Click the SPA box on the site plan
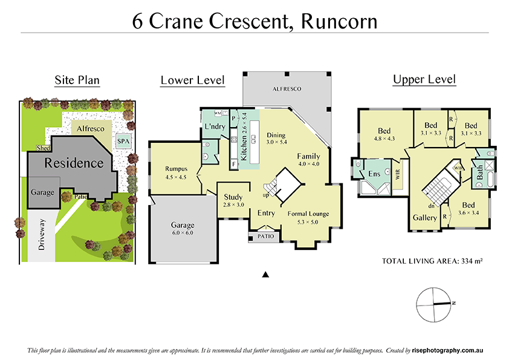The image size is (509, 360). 123,141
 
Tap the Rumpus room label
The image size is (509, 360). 178,169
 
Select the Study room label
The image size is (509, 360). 233,197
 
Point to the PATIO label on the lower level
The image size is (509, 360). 264,237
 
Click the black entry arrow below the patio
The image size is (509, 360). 265,275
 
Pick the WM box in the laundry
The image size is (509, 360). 217,113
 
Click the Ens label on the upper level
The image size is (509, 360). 374,174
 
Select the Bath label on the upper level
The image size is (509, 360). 480,173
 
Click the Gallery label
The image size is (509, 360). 425,217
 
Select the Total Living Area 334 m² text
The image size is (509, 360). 432,261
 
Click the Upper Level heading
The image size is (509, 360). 424,79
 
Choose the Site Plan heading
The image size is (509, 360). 77,80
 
